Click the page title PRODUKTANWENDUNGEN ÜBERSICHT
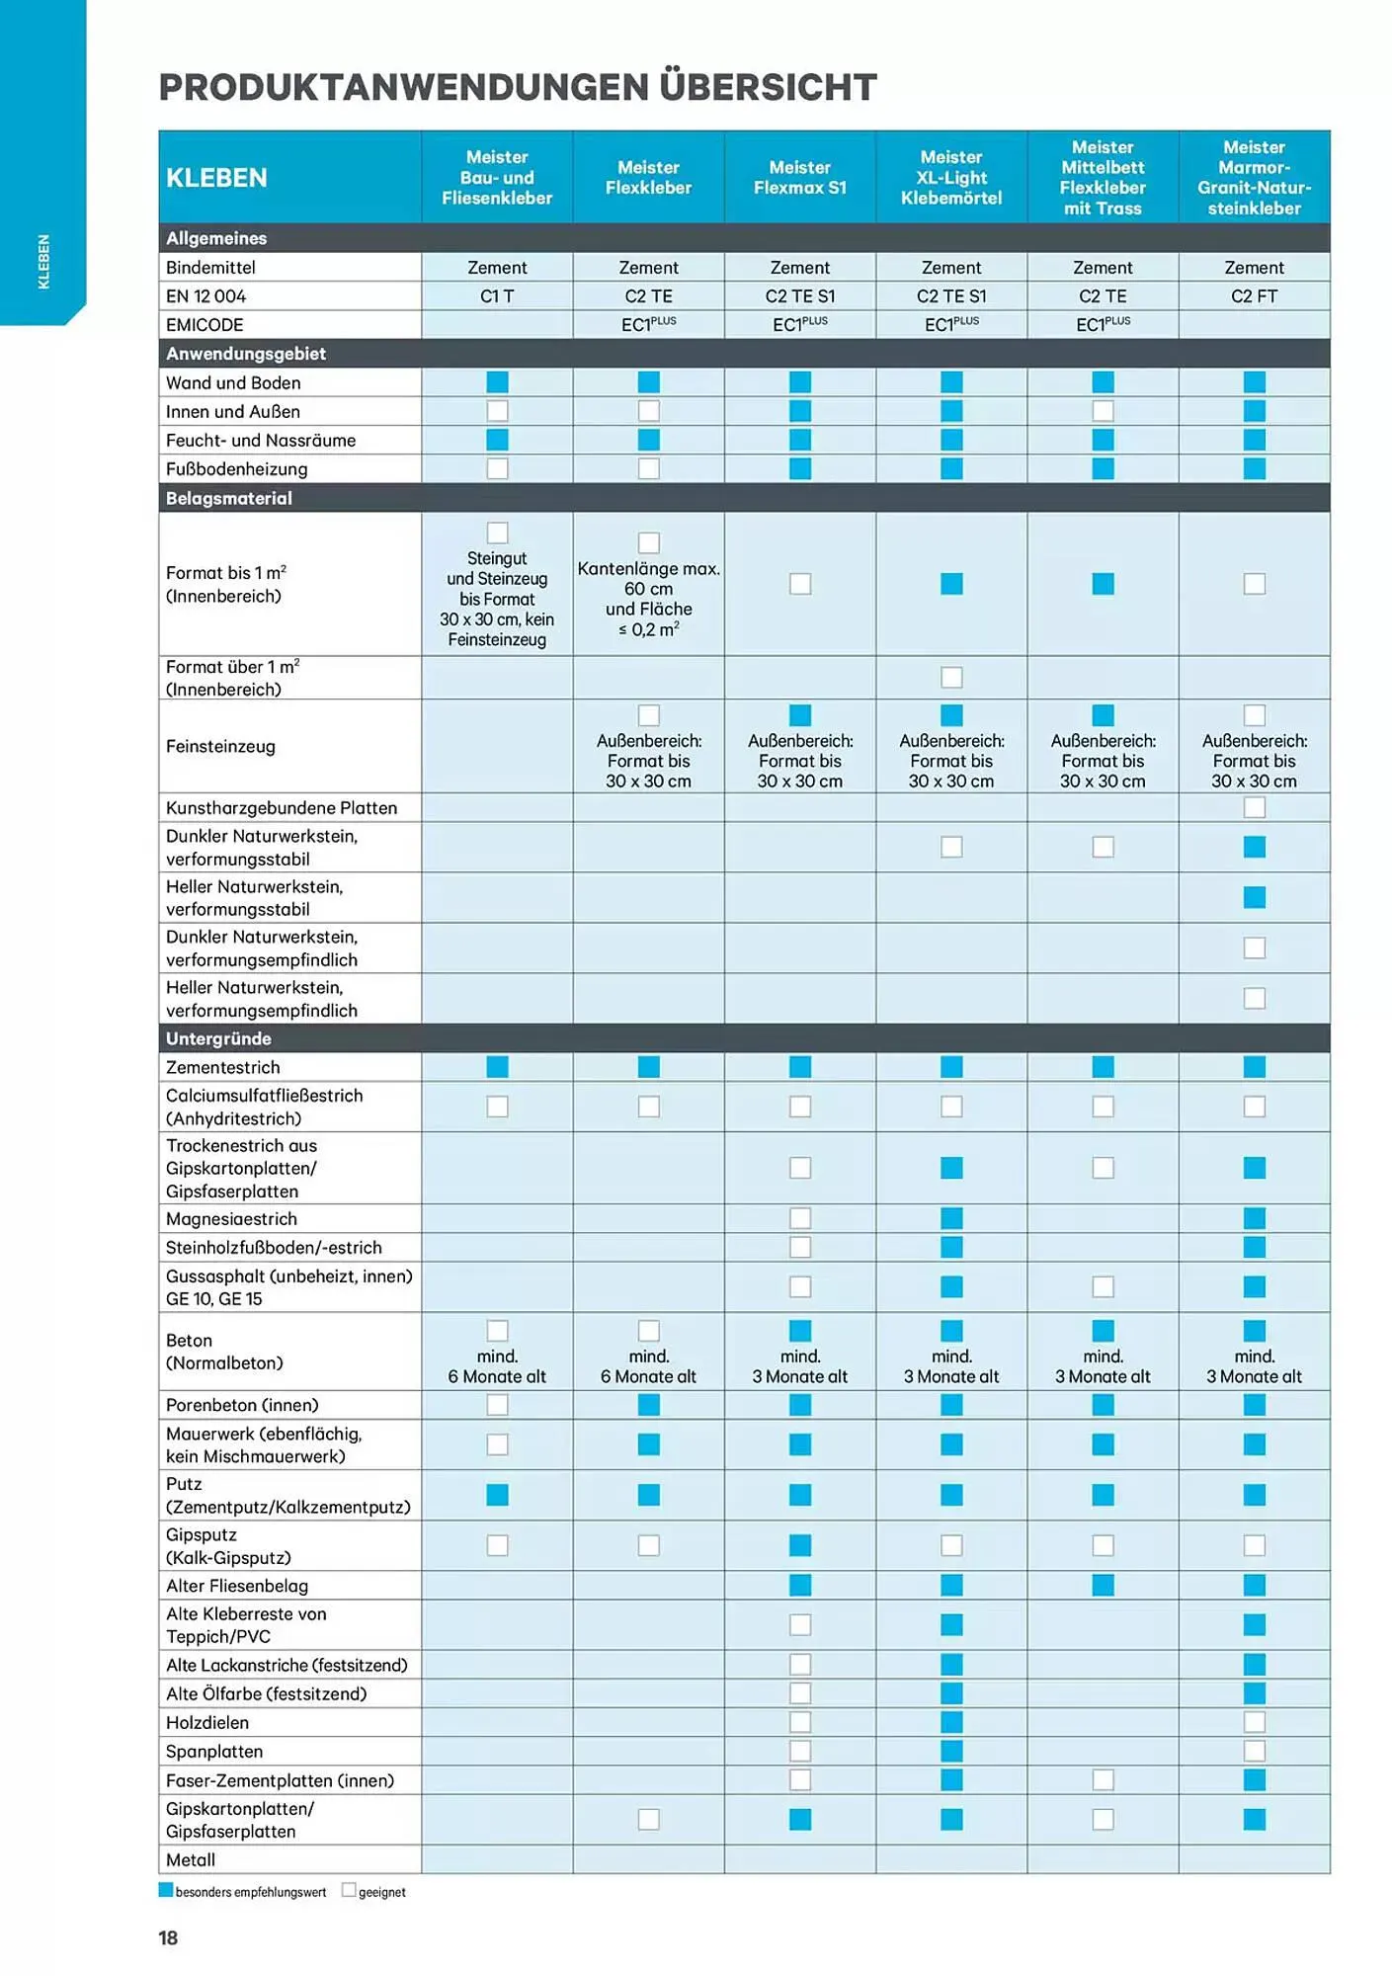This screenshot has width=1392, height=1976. tap(517, 87)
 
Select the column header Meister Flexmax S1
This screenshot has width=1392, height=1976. tap(799, 178)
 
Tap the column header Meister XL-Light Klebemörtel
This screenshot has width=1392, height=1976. tap(950, 178)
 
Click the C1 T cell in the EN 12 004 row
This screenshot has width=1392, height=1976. tap(497, 296)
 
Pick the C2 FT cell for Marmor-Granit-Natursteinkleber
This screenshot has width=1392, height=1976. tap(1254, 296)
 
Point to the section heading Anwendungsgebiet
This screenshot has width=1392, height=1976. tap(246, 354)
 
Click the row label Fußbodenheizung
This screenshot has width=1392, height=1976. tap(237, 469)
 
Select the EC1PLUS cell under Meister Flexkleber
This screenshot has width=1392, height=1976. tap(648, 325)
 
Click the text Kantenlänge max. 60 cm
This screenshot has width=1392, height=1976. tap(648, 579)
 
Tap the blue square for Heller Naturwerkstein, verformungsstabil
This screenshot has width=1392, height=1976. tap(1254, 897)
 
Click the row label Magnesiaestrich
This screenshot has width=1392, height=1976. tap(231, 1219)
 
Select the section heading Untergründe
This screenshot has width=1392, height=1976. tap(218, 1038)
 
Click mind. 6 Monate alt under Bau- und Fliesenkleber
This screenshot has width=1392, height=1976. tap(497, 1367)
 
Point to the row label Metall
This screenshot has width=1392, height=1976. tap(191, 1860)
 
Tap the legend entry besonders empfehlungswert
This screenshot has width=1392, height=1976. tap(250, 1893)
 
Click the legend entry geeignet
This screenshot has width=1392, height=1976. tap(381, 1893)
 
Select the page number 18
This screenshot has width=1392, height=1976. tap(168, 1938)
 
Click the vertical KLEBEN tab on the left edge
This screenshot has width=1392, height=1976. tap(43, 262)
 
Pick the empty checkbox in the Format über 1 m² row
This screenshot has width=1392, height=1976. tap(951, 678)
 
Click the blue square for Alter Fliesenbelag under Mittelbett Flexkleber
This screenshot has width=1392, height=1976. tap(1103, 1586)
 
